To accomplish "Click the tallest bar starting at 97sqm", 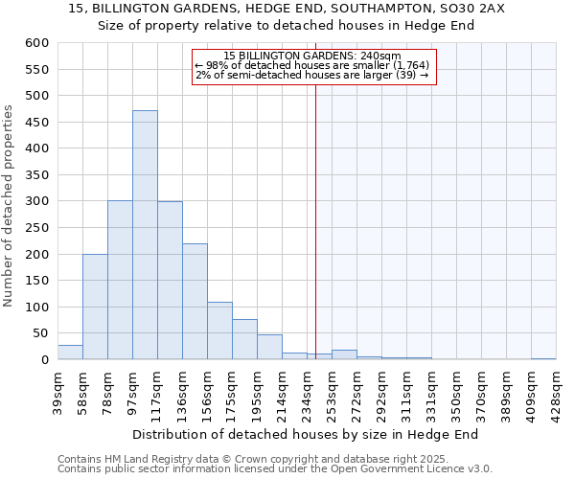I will [145, 235].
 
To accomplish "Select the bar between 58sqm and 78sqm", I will [95, 307].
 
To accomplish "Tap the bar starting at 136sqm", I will [195, 302].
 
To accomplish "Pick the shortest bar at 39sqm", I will [70, 353].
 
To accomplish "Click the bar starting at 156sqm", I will [219, 331].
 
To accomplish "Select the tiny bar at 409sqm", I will [543, 358].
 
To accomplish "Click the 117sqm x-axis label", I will [157, 390].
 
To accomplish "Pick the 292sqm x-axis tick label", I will [381, 390].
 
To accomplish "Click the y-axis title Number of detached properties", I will [9, 206].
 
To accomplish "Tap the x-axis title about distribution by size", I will [305, 434].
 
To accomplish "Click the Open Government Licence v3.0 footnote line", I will [275, 468].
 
